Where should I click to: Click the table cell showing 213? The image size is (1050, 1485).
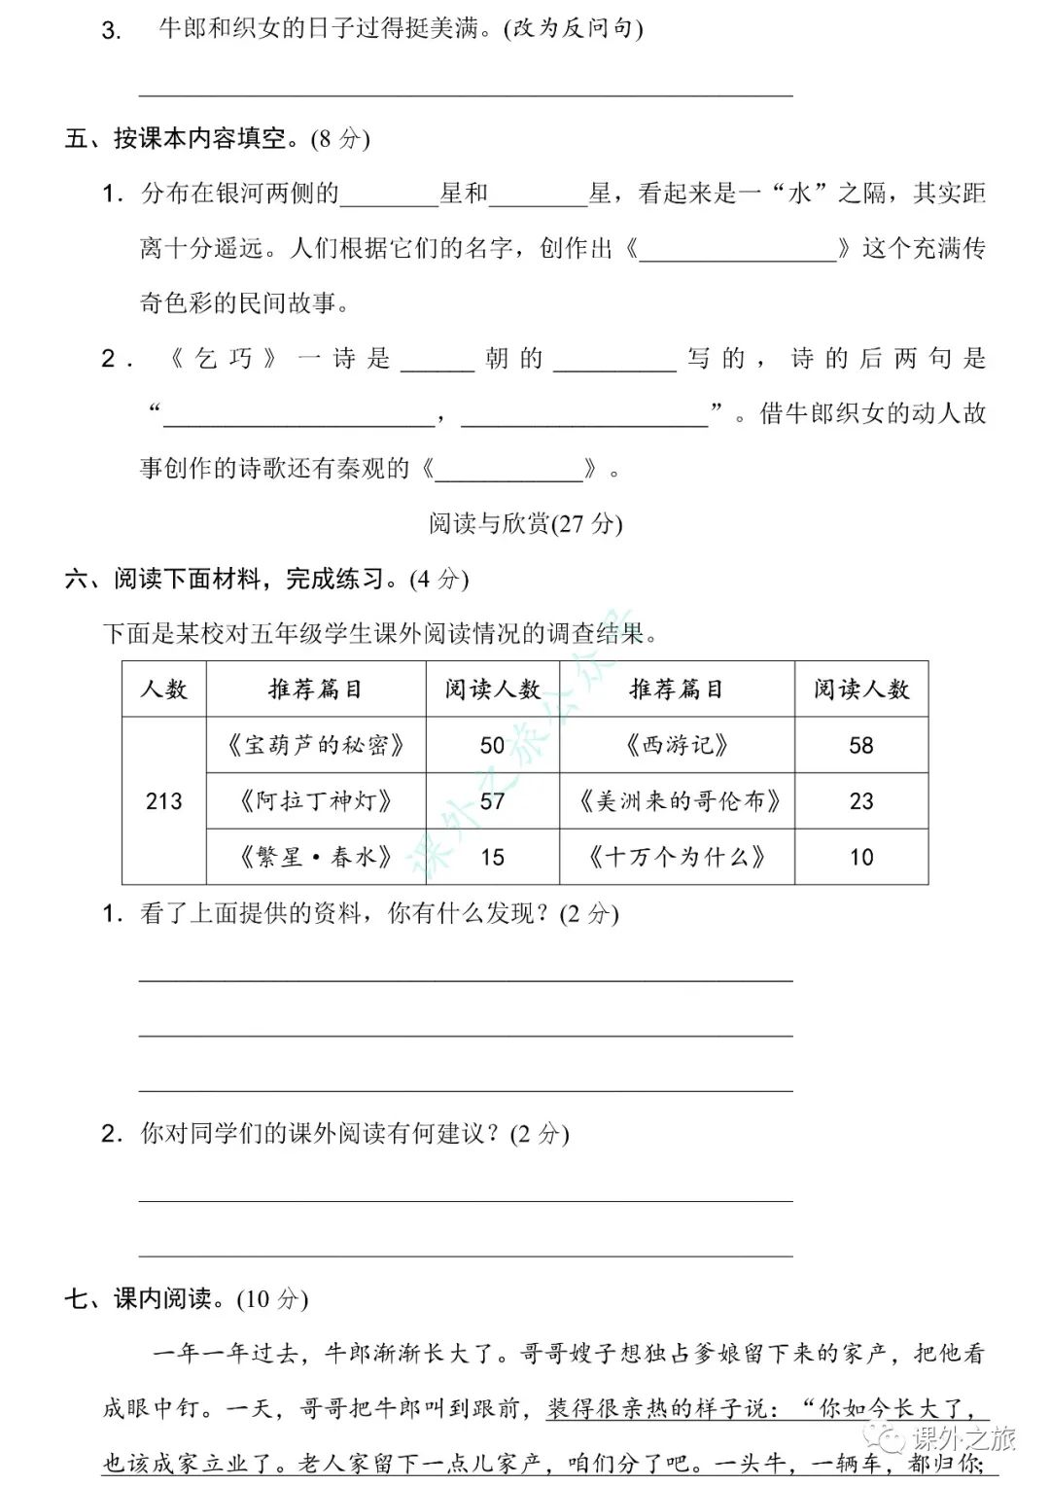click(163, 800)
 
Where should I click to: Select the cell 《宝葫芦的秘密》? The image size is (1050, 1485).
click(315, 745)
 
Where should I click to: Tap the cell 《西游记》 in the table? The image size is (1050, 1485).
click(677, 745)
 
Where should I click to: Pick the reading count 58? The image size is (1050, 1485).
click(861, 745)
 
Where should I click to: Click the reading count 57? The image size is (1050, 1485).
click(492, 800)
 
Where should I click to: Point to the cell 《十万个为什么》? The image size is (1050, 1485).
click(677, 857)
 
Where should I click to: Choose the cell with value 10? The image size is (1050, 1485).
click(861, 857)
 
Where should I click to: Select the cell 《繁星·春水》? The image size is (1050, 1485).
click(315, 857)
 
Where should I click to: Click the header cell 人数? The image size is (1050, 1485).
click(163, 689)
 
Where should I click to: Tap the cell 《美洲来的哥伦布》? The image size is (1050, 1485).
click(677, 800)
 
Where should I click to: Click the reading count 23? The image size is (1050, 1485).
click(861, 800)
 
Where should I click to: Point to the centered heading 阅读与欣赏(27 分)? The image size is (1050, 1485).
click(525, 523)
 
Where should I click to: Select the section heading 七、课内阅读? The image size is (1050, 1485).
click(185, 1298)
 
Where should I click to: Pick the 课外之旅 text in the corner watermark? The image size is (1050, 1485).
click(962, 1438)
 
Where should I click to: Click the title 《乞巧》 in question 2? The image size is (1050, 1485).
click(224, 359)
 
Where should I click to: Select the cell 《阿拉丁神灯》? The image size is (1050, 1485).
click(315, 800)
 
